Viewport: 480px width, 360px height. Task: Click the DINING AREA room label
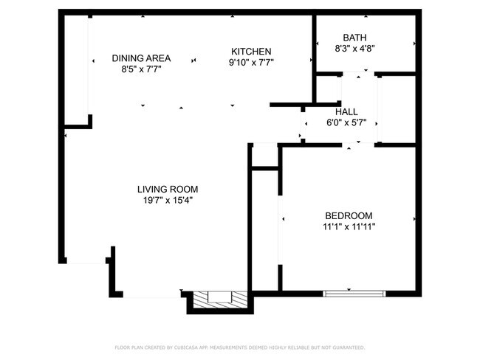[x=142, y=58]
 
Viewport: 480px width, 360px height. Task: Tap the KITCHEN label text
[x=251, y=52]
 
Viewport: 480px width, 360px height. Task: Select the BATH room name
[x=354, y=38]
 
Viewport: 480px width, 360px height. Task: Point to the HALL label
[x=346, y=112]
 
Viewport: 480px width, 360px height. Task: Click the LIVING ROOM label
[x=167, y=189]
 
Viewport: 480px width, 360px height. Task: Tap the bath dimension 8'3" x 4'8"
[x=354, y=49]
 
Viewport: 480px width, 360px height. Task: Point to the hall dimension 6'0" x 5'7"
[x=346, y=123]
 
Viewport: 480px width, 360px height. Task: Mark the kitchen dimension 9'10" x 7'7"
[x=251, y=63]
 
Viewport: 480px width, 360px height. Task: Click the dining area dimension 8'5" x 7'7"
[x=142, y=69]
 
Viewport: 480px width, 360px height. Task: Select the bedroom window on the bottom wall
[x=354, y=294]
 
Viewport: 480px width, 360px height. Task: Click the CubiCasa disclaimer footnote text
[x=239, y=347]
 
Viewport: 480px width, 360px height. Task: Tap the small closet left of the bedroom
[x=264, y=156]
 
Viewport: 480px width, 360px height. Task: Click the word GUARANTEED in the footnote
[x=348, y=347]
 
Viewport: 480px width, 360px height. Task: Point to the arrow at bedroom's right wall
[x=414, y=219]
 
